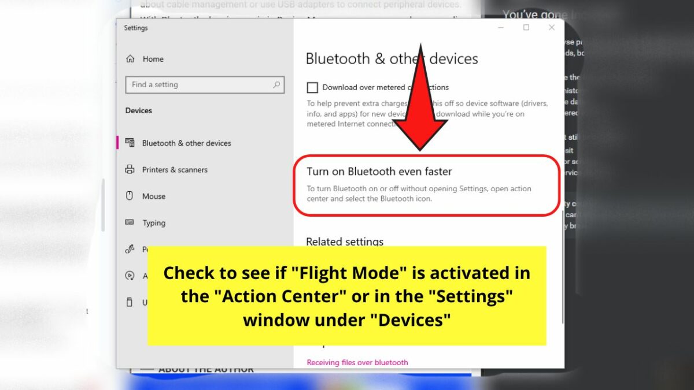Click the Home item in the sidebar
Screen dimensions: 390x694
coord(153,59)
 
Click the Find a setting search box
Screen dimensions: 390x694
coord(197,85)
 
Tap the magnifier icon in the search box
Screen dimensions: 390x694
coord(276,85)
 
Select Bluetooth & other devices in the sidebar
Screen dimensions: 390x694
coord(186,143)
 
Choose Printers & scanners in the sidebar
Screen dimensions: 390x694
coord(175,170)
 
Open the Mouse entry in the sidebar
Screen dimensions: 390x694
coord(154,196)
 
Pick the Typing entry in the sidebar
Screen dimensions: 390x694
coord(154,223)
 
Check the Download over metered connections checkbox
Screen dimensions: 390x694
coord(312,88)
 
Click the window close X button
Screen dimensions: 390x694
coord(552,28)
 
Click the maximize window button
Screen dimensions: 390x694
coord(526,28)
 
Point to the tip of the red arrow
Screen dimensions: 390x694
coord(420,150)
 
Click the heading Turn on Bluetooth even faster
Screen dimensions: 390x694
coord(379,172)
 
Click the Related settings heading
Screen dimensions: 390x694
coord(345,242)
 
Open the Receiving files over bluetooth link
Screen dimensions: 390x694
coord(357,363)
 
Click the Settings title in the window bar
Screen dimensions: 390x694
coord(136,28)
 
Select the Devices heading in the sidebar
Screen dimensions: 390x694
coord(139,110)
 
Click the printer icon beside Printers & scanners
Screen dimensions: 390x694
coord(130,170)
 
